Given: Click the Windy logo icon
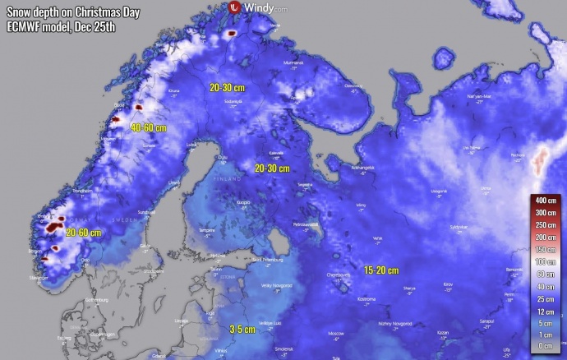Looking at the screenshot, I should [234, 7].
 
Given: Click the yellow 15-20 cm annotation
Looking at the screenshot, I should [381, 270].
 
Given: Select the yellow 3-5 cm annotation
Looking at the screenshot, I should [242, 329].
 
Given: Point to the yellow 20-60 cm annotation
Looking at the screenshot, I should [84, 233].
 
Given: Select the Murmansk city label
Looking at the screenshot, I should [293, 62].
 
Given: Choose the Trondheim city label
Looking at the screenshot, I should [82, 191].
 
